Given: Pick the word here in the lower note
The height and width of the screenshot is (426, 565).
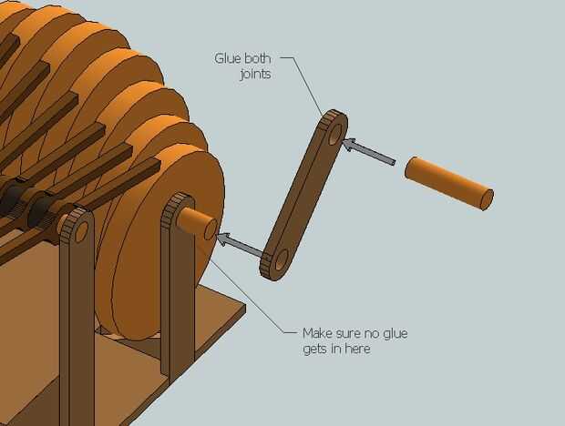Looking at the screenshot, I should (357, 349).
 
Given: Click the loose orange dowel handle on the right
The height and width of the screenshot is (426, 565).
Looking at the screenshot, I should (447, 182).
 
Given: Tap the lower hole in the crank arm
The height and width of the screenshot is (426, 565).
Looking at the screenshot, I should (279, 260).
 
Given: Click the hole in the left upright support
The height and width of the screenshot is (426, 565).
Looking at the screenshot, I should (81, 231).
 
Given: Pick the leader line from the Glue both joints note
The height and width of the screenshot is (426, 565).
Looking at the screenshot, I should (309, 86).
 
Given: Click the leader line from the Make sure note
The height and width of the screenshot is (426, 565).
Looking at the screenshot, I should (264, 300).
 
